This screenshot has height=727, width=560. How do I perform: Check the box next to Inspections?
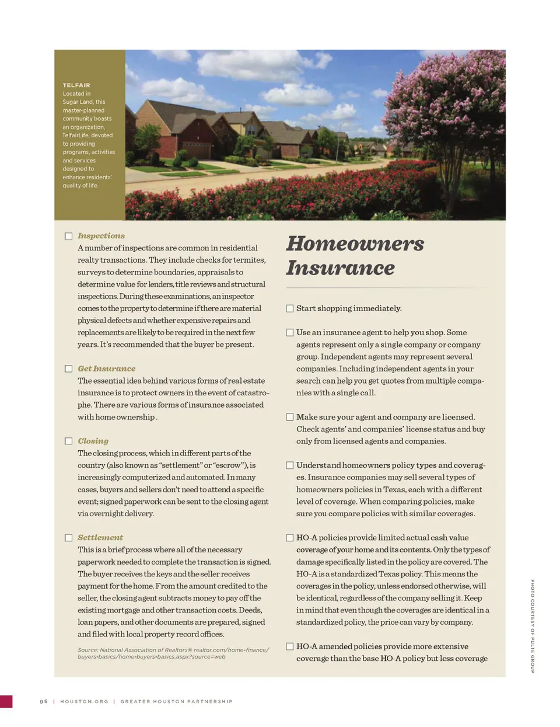[x=68, y=236]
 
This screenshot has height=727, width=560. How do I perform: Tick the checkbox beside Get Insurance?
[x=68, y=368]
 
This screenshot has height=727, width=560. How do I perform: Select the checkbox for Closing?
[x=68, y=441]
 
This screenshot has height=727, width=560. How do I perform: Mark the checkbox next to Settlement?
[x=68, y=537]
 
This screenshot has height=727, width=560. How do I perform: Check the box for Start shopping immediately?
[x=289, y=308]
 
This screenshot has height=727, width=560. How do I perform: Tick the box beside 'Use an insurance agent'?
[x=289, y=332]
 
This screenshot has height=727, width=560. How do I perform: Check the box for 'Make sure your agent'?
[x=289, y=417]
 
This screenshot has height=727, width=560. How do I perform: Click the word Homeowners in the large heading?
[x=355, y=244]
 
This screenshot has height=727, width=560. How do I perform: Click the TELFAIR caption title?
[x=76, y=85]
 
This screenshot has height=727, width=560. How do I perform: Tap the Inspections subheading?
[x=101, y=236]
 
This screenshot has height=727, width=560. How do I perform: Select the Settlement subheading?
[x=100, y=537]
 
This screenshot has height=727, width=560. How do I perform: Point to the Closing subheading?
[x=93, y=441]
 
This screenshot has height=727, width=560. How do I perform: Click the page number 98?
[x=44, y=701]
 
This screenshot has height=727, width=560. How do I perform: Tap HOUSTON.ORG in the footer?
[x=84, y=701]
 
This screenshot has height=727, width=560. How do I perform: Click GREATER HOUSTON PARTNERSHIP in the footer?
[x=176, y=701]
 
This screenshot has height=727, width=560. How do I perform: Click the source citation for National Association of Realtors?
[x=173, y=653]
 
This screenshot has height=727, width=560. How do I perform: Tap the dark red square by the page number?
[x=6, y=701]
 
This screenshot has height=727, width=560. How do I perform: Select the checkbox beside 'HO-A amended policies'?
[x=289, y=646]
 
